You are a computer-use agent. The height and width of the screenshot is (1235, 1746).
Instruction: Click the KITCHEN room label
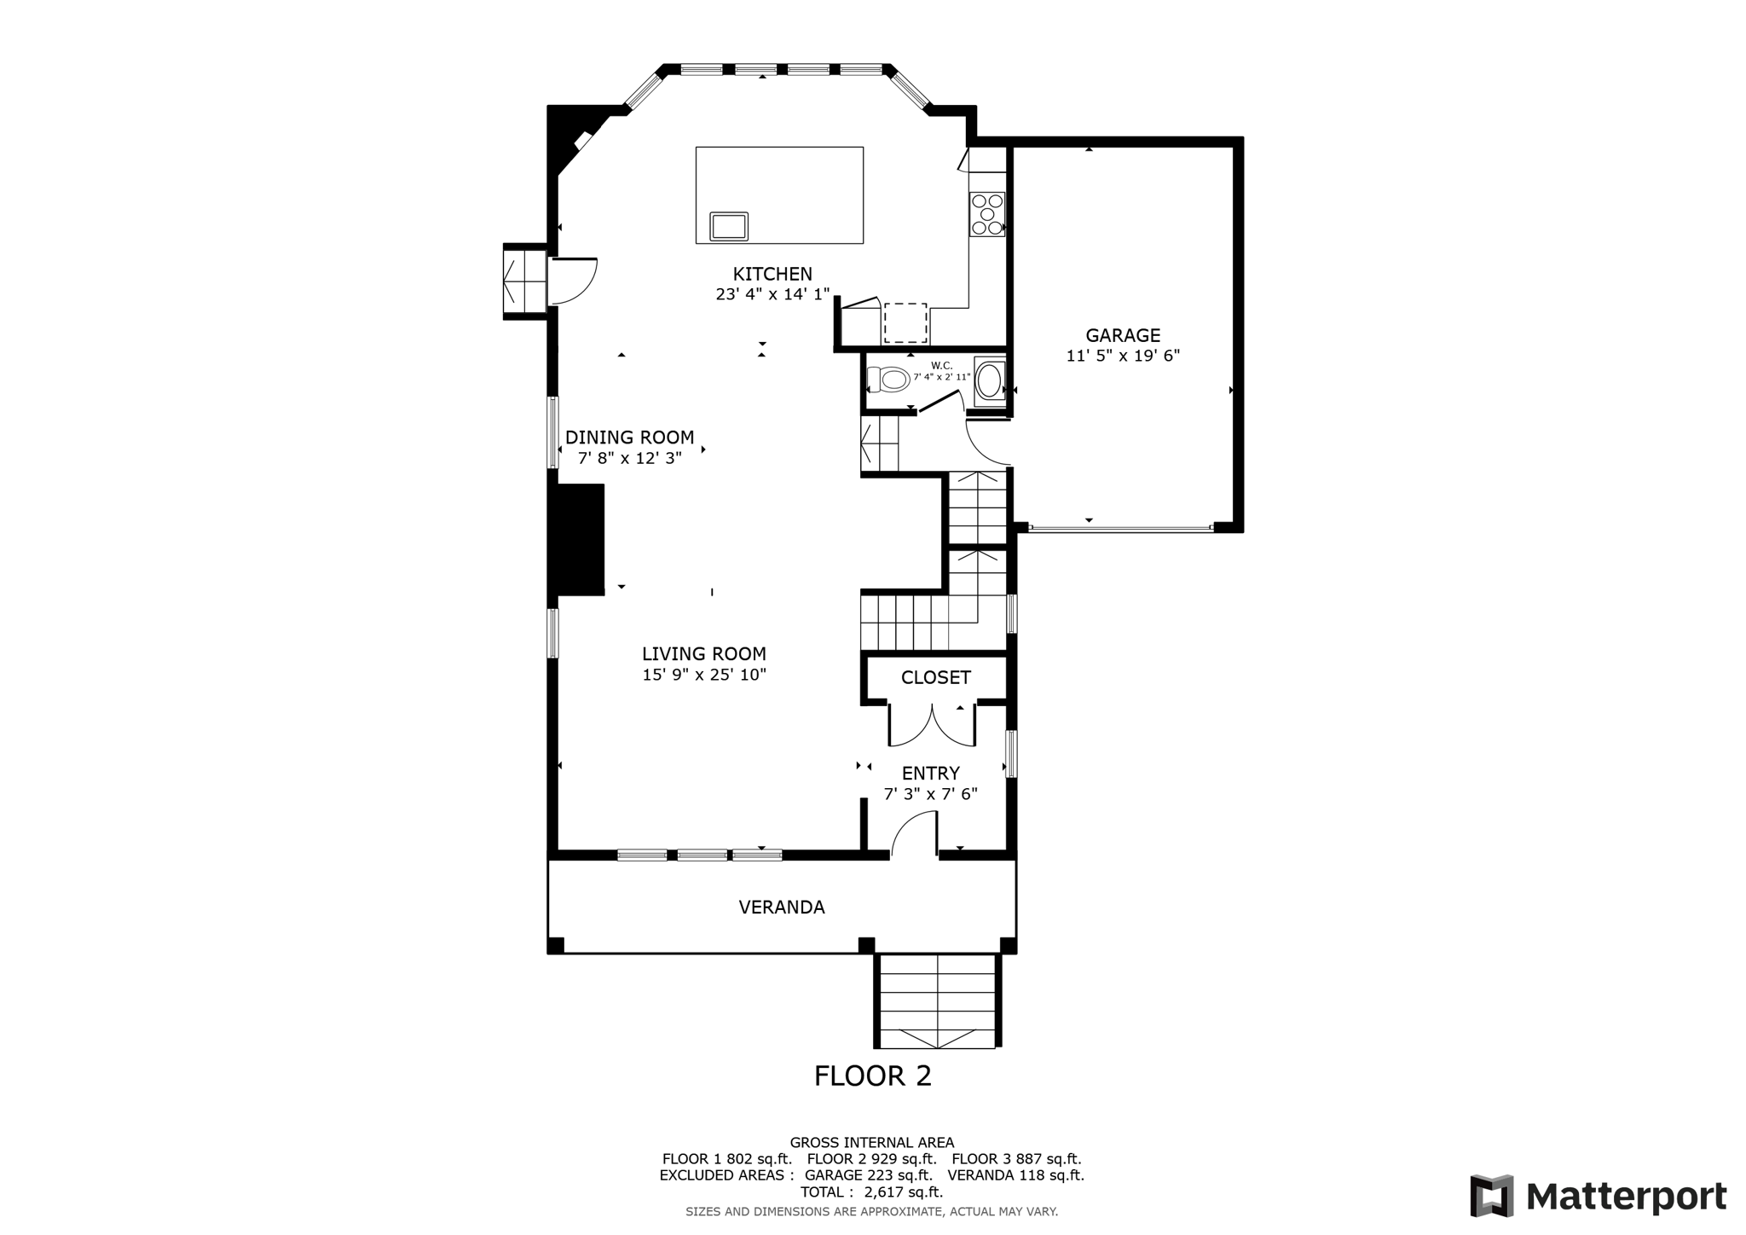click(x=772, y=274)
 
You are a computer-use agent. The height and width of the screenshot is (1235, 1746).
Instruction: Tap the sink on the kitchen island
click(x=729, y=227)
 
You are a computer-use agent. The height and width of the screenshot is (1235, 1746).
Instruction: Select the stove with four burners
click(x=987, y=213)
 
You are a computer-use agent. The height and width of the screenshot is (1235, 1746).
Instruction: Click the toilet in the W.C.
click(x=888, y=379)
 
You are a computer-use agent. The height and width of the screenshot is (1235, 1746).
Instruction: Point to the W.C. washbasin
click(x=989, y=381)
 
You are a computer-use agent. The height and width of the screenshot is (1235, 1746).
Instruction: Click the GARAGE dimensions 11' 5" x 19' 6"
click(x=1123, y=356)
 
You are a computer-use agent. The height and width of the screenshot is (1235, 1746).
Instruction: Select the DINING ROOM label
click(x=629, y=438)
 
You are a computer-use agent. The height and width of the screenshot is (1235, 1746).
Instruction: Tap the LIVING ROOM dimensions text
click(x=704, y=675)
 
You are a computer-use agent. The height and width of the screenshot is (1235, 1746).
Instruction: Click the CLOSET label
click(x=935, y=677)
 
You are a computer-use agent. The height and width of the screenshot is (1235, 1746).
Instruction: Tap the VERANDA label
click(x=781, y=907)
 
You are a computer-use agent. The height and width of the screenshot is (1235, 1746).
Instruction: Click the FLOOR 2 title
click(x=872, y=1076)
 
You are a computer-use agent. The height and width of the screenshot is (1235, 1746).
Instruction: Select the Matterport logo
click(x=1598, y=1196)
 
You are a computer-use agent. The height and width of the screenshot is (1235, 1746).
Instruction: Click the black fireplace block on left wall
click(x=581, y=539)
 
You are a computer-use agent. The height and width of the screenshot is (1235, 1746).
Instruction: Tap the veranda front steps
click(x=936, y=1001)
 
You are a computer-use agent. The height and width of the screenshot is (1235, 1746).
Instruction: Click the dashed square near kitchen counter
click(x=905, y=322)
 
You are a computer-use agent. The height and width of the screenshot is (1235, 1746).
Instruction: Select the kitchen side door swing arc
click(x=571, y=281)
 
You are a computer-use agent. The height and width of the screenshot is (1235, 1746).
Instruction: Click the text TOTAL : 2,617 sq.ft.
click(x=871, y=1192)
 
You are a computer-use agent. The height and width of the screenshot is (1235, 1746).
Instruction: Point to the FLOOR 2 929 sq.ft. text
click(x=871, y=1159)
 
